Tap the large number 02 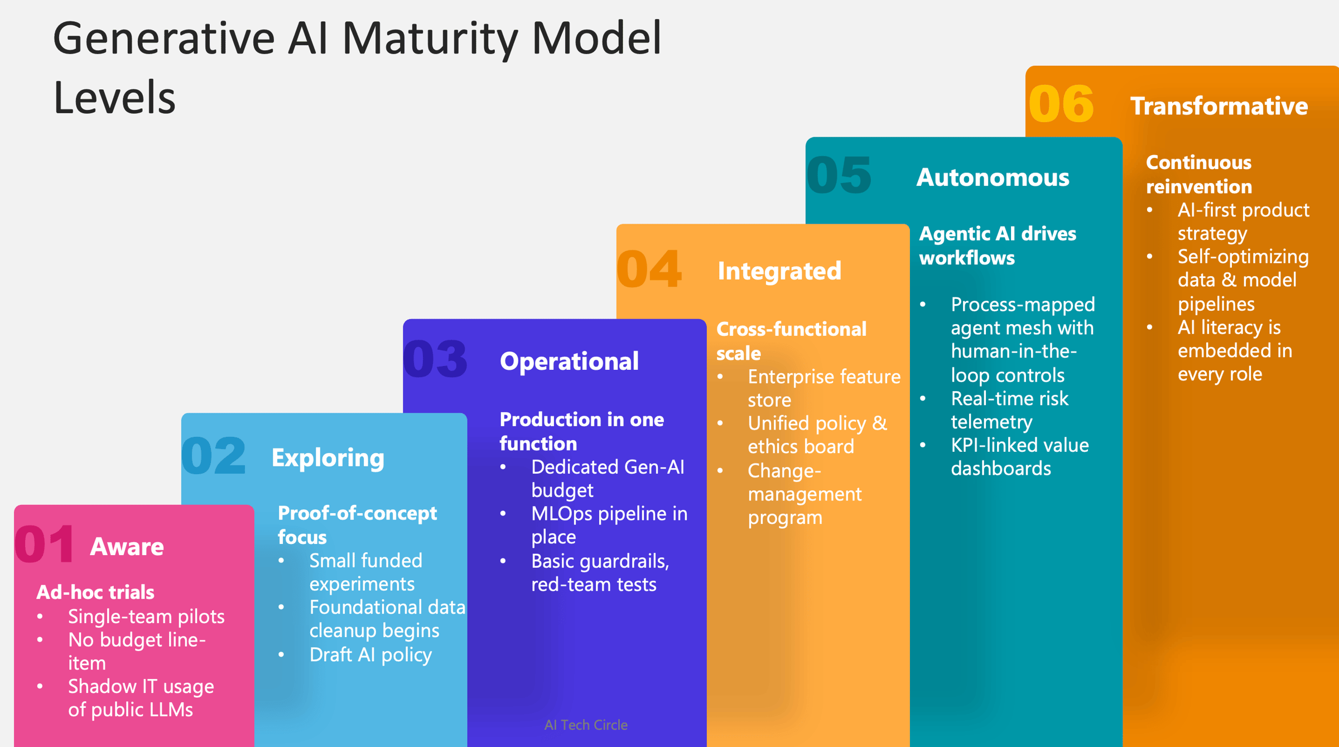click(214, 456)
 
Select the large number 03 click(435, 359)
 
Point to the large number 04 click(649, 269)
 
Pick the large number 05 click(839, 175)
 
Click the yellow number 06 click(1061, 104)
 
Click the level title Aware click(127, 547)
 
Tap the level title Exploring click(327, 458)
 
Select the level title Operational click(569, 362)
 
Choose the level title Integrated click(779, 271)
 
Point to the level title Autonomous click(993, 177)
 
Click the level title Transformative click(1218, 106)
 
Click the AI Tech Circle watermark click(586, 725)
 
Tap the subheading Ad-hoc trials click(95, 592)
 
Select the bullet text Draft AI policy click(370, 654)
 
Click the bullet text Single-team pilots click(146, 616)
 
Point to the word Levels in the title click(114, 98)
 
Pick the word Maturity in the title click(430, 39)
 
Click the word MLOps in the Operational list click(561, 514)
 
